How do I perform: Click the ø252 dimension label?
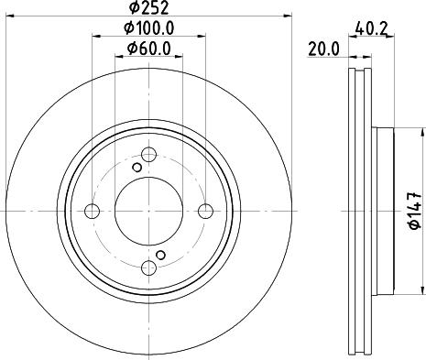pyautogui.click(x=148, y=7)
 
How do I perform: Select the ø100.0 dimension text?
pyautogui.click(x=149, y=28)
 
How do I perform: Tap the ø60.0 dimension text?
pyautogui.click(x=149, y=49)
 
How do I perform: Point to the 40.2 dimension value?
pyautogui.click(x=372, y=29)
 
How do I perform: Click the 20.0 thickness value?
pyautogui.click(x=323, y=49)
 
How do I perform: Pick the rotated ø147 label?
pyautogui.click(x=415, y=211)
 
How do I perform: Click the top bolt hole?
pyautogui.click(x=149, y=155)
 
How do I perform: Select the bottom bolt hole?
pyautogui.click(x=149, y=267)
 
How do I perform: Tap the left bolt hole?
pyautogui.click(x=92, y=211)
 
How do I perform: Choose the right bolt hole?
pyautogui.click(x=205, y=211)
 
